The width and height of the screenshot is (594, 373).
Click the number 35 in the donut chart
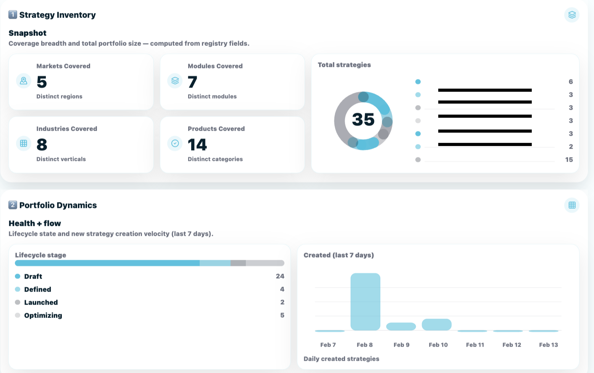click(363, 120)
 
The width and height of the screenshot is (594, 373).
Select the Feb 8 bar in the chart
click(365, 302)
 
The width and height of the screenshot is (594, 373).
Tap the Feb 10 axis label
click(438, 345)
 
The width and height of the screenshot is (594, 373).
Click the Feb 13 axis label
click(548, 345)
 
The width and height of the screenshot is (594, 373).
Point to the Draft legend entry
click(33, 276)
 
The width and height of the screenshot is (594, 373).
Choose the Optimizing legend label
click(43, 315)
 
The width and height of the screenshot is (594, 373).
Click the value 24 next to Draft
click(280, 276)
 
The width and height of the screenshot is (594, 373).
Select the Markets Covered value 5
click(42, 82)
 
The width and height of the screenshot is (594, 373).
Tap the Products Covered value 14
click(197, 145)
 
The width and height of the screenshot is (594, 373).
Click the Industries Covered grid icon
click(24, 143)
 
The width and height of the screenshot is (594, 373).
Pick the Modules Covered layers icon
click(175, 81)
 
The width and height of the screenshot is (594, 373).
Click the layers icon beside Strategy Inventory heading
click(571, 15)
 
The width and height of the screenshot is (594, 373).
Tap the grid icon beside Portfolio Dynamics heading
click(571, 205)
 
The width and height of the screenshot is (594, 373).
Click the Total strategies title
click(344, 65)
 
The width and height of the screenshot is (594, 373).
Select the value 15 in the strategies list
click(569, 160)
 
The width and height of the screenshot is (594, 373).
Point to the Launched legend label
click(41, 302)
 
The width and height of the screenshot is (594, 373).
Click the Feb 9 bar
click(401, 326)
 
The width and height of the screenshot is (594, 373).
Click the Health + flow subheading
click(35, 223)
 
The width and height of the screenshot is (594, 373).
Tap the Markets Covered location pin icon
click(24, 81)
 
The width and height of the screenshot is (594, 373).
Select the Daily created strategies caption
click(341, 359)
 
